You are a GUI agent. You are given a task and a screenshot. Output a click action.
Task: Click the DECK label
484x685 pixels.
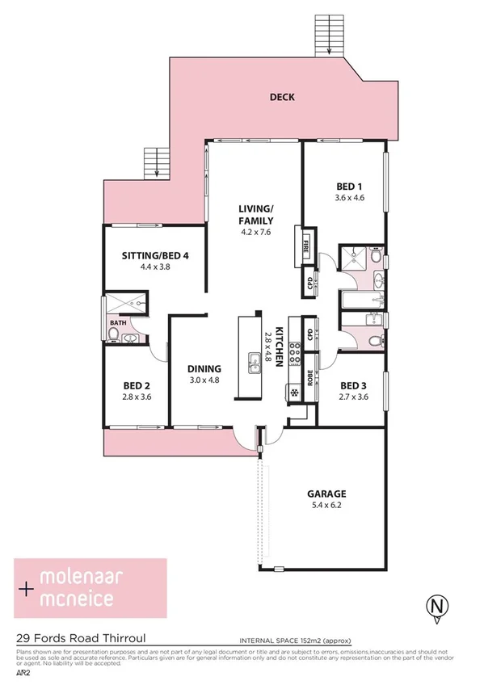point(282,98)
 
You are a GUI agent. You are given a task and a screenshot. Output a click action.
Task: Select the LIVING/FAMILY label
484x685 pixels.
point(255,215)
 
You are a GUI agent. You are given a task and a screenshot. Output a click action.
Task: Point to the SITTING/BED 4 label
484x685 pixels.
point(155,255)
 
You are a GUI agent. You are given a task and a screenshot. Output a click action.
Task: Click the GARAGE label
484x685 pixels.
point(326,494)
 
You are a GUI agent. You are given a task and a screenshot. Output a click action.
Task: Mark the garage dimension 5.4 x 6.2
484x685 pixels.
point(326,506)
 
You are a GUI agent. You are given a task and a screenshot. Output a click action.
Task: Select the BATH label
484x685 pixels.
point(118,324)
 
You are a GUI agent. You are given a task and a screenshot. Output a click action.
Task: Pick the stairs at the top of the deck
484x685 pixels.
point(328,35)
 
